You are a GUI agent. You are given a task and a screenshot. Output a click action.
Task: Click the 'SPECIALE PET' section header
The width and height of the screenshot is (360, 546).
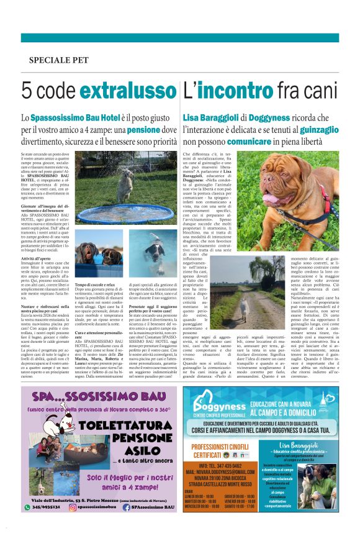point(58,60)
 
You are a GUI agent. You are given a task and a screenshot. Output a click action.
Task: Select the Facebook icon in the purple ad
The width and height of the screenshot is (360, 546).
point(127,507)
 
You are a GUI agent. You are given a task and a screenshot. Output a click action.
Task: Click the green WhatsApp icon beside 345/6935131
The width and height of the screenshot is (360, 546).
point(27,507)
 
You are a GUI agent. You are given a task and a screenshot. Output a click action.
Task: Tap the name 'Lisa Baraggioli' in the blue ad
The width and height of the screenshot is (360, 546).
point(302,445)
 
